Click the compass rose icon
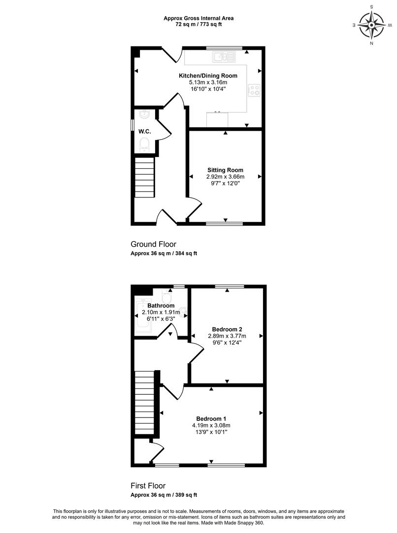[x=371, y=25]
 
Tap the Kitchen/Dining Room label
[x=208, y=76]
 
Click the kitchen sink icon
[x=224, y=57]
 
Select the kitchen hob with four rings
[x=254, y=90]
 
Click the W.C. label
[x=144, y=132]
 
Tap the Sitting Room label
[x=225, y=170]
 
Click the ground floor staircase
[x=145, y=177]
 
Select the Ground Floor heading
[x=153, y=244]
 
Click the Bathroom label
[x=161, y=305]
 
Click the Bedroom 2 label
[x=227, y=329]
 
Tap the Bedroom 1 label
[x=211, y=419]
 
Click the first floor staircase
[x=145, y=403]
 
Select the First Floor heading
[x=148, y=486]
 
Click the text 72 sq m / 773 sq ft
[x=198, y=25]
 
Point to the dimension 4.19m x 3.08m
[x=211, y=425]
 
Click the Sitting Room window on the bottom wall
[x=225, y=224]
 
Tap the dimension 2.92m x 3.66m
[x=225, y=177]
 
